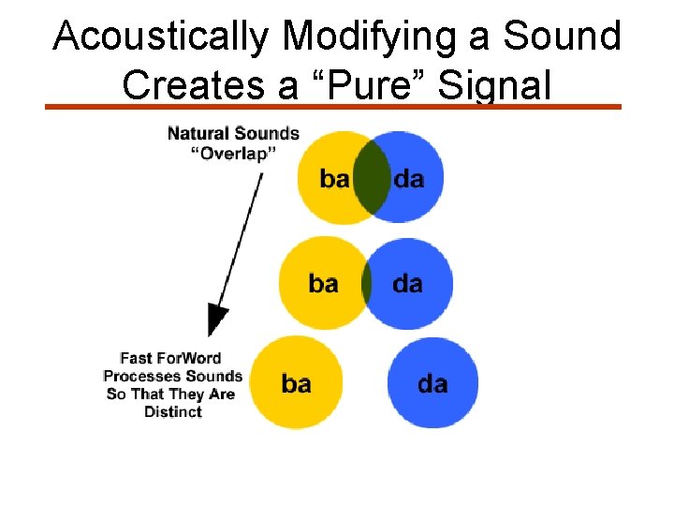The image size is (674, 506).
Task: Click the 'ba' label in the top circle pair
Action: tap(334, 179)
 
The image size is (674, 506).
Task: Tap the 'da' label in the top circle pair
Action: tap(409, 179)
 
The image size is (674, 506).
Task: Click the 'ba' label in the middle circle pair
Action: tap(323, 283)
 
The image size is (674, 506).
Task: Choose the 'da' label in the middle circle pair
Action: tap(407, 283)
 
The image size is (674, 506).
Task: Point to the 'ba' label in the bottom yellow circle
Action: tap(296, 384)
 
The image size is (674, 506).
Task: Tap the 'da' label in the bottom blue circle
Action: tap(432, 384)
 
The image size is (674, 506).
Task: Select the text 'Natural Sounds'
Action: tap(233, 133)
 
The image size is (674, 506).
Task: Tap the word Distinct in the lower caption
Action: tap(173, 411)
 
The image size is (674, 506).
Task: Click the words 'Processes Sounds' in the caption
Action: tap(173, 376)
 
